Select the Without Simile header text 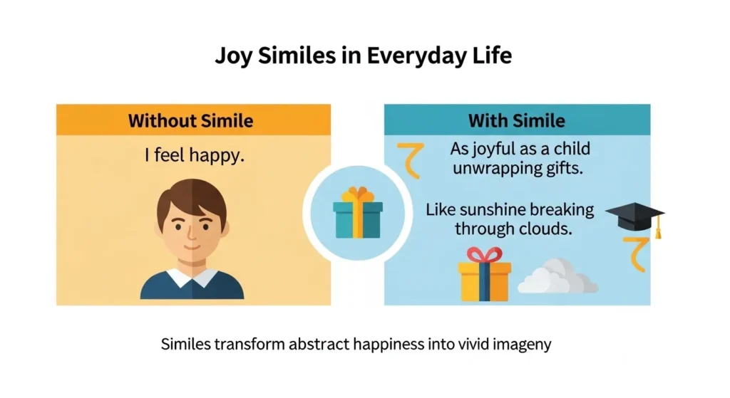(x=190, y=120)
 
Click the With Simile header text (x=516, y=120)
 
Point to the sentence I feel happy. (x=194, y=155)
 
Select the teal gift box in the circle (x=358, y=219)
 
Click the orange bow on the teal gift (x=358, y=194)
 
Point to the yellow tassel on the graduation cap (x=659, y=229)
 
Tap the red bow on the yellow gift (x=484, y=255)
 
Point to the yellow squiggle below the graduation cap (x=634, y=255)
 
